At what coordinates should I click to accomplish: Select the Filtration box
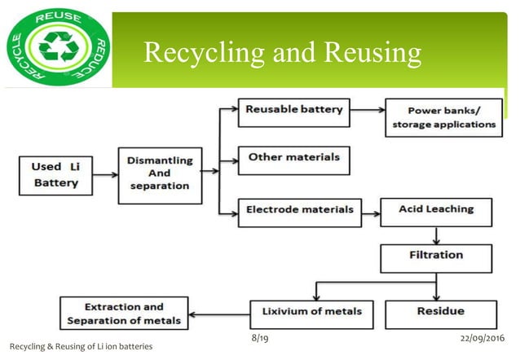pos(436,258)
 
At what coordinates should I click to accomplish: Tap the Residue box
pos(440,314)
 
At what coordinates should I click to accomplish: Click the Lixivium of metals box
pos(312,314)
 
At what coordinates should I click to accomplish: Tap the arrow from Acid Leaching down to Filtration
pos(436,235)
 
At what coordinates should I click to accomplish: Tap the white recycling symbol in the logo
pos(58,46)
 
